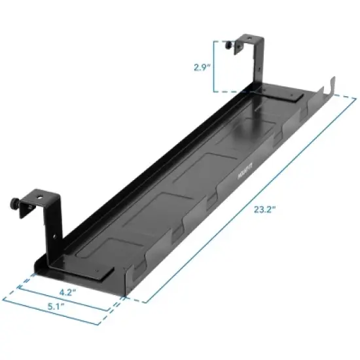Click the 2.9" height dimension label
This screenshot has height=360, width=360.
click(202, 66)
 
